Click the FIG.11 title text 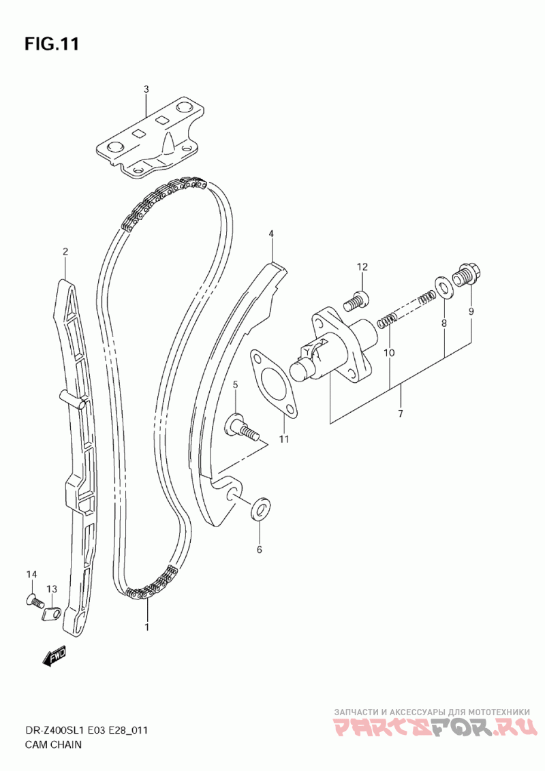(x=52, y=44)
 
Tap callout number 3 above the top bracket (x=146, y=89)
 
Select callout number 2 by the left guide (x=65, y=252)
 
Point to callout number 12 (x=362, y=266)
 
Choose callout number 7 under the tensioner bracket (x=400, y=413)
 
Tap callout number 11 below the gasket (x=283, y=439)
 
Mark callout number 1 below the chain (x=146, y=626)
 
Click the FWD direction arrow (x=54, y=656)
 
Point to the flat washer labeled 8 (x=443, y=287)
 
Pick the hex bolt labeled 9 (x=467, y=274)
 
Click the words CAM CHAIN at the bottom (x=54, y=744)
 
